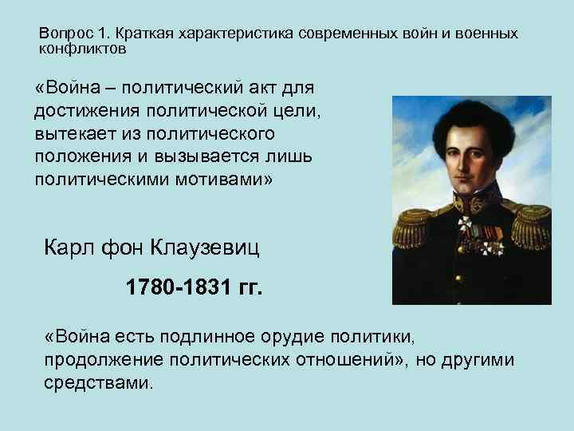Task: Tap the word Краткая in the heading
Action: coord(147,35)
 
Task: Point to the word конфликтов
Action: coord(83,49)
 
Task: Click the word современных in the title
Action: coord(342,35)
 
